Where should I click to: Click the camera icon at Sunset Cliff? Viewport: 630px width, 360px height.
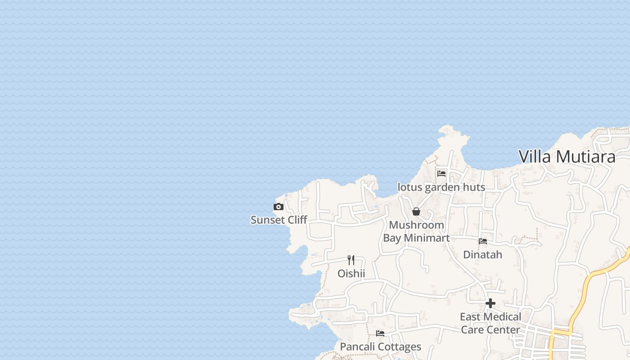[x=279, y=207]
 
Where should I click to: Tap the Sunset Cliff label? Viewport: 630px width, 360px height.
[x=279, y=220]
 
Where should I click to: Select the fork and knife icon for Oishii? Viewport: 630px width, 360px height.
[x=351, y=260]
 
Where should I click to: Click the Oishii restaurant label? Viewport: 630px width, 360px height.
[x=351, y=274]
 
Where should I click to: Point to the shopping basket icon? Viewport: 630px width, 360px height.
[x=416, y=211]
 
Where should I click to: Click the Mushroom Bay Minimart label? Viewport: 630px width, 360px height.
[x=416, y=231]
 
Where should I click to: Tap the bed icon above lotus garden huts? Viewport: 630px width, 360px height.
[x=441, y=173]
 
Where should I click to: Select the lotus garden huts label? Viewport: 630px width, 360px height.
[x=441, y=187]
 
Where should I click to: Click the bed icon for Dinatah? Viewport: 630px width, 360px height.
[x=483, y=241]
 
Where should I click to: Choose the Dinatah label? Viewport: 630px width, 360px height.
[x=482, y=255]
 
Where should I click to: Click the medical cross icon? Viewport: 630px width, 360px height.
[x=490, y=303]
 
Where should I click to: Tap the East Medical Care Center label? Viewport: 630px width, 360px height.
[x=490, y=323]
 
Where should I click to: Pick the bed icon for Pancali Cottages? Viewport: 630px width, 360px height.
[x=380, y=333]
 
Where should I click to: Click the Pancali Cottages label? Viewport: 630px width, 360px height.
[x=380, y=347]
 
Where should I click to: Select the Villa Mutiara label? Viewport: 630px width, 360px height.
[x=567, y=157]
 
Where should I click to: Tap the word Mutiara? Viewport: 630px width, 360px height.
[x=586, y=157]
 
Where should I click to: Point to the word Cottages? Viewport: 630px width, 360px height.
[x=399, y=347]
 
